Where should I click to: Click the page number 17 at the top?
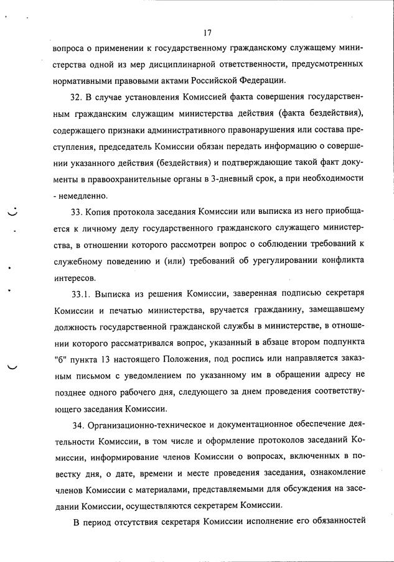pos(208,33)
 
